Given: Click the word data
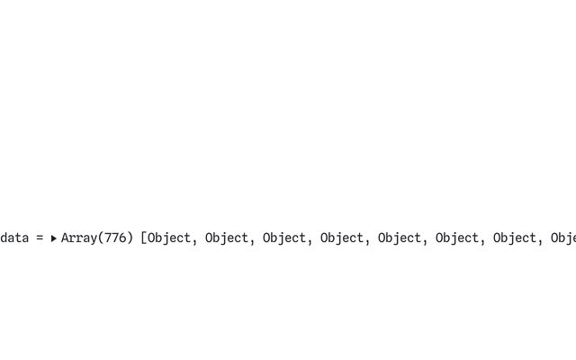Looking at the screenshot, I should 14,238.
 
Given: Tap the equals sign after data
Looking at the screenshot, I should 40,238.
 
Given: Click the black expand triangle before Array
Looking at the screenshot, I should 53,238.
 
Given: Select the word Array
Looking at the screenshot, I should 78,238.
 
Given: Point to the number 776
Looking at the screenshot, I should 114,238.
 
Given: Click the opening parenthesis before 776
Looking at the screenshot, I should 100,238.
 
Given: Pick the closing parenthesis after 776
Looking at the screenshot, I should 130,238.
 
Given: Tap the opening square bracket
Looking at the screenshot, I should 144,238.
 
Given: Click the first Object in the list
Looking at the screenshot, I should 169,238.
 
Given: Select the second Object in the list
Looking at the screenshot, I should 227,238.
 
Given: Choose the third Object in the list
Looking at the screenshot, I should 284,238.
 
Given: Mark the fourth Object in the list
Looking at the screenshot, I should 342,238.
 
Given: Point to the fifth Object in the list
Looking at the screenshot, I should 400,238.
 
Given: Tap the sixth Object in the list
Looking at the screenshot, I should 457,238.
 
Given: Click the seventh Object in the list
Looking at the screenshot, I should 515,238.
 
